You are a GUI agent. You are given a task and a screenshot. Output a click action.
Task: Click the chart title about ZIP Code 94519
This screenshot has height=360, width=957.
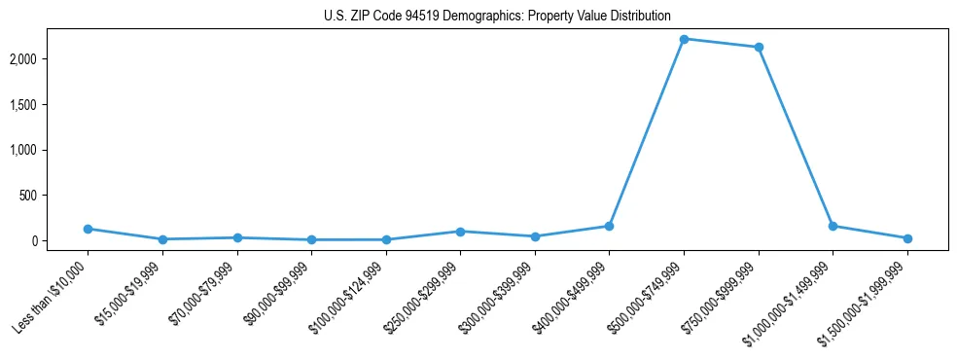[x=497, y=16]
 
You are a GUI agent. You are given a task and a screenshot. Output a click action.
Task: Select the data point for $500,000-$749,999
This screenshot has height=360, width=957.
[x=684, y=39]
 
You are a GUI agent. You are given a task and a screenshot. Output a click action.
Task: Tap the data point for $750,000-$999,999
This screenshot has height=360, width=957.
[x=759, y=47]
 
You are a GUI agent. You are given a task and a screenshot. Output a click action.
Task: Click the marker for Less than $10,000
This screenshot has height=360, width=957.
[x=88, y=229]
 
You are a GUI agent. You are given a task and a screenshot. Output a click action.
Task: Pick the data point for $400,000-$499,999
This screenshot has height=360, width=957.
[x=609, y=226]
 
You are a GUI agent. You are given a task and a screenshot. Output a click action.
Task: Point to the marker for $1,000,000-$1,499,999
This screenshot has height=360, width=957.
[x=833, y=226]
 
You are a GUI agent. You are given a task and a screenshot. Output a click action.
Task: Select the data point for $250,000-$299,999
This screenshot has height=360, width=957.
[x=460, y=232]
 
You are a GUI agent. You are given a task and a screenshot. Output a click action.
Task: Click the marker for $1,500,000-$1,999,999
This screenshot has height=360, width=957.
[x=907, y=238]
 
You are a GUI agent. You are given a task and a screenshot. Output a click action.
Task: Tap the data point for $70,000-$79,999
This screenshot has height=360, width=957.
[x=237, y=237]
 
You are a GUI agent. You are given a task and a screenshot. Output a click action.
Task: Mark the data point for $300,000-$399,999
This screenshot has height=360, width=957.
[x=535, y=236]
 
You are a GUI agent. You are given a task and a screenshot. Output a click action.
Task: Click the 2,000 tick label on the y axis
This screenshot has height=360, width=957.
[x=49, y=59]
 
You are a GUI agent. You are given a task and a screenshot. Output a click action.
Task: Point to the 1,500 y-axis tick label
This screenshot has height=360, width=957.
[x=49, y=105]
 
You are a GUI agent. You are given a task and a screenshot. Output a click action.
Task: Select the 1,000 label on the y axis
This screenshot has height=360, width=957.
[x=49, y=150]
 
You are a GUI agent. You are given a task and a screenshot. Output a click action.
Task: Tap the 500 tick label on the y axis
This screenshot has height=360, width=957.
[x=53, y=196]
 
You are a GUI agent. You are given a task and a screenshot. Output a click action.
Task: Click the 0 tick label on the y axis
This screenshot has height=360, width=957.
[x=60, y=240]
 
